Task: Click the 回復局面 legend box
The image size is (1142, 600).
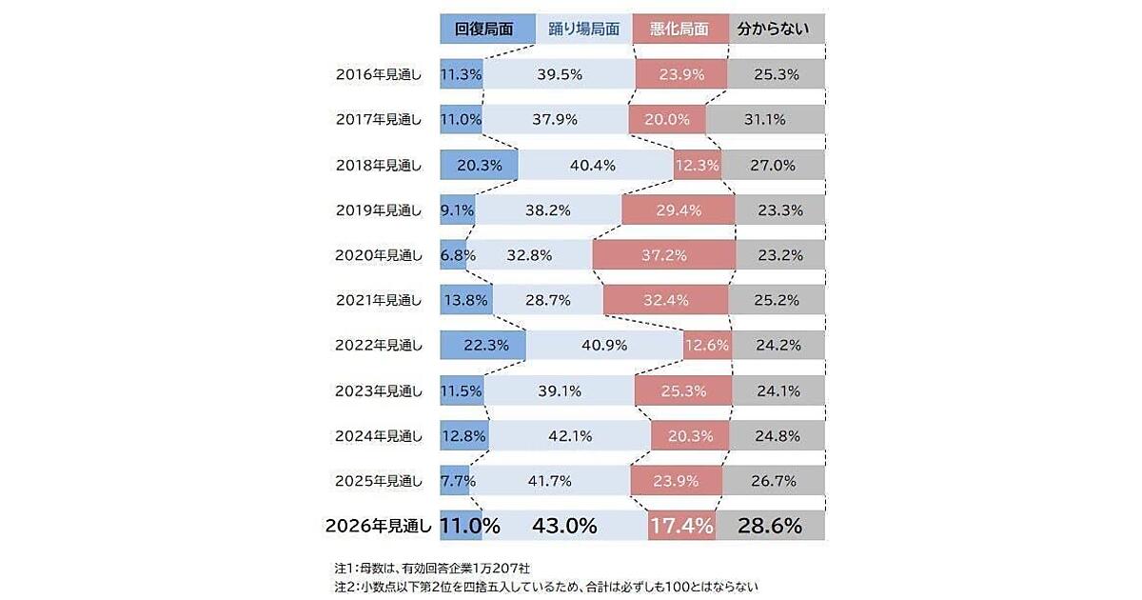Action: (486, 29)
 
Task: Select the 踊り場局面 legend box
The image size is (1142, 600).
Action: (583, 29)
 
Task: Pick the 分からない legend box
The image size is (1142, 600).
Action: (776, 29)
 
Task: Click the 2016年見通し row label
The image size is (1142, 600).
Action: (379, 74)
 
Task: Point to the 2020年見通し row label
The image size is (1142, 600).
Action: (379, 254)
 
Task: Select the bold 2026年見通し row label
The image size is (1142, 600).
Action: (379, 526)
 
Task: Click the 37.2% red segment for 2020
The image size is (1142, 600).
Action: (663, 254)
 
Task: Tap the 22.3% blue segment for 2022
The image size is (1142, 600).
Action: (482, 345)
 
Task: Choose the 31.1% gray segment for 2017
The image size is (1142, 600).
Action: (765, 119)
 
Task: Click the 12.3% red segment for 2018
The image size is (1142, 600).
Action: (696, 165)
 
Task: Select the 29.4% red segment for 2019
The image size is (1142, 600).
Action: (678, 210)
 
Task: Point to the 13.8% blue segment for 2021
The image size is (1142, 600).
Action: (466, 300)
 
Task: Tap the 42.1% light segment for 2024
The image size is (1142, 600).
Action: (569, 435)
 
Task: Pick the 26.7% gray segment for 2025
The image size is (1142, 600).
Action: (773, 481)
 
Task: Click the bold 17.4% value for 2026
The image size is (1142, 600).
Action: (680, 526)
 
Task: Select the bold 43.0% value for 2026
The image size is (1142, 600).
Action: (564, 526)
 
